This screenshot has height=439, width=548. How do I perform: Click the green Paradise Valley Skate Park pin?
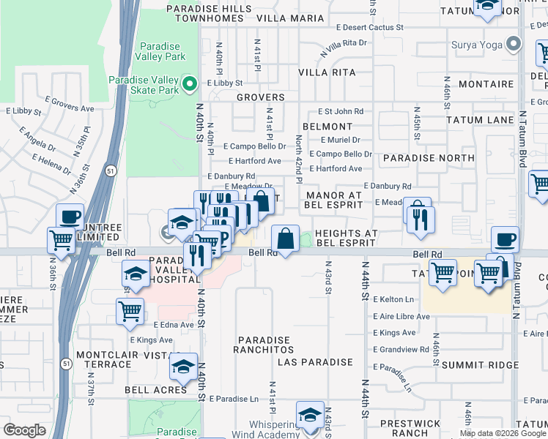(x=190, y=85)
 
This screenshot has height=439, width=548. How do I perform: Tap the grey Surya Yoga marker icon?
(x=514, y=45)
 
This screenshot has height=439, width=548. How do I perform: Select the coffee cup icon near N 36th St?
(x=70, y=217)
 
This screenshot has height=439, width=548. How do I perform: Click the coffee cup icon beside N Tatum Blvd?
(x=504, y=239)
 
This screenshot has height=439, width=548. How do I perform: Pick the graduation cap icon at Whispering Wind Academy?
(x=311, y=414)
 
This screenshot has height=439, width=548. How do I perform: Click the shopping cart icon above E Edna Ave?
(x=130, y=310)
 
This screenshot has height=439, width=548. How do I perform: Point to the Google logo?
(x=24, y=430)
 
